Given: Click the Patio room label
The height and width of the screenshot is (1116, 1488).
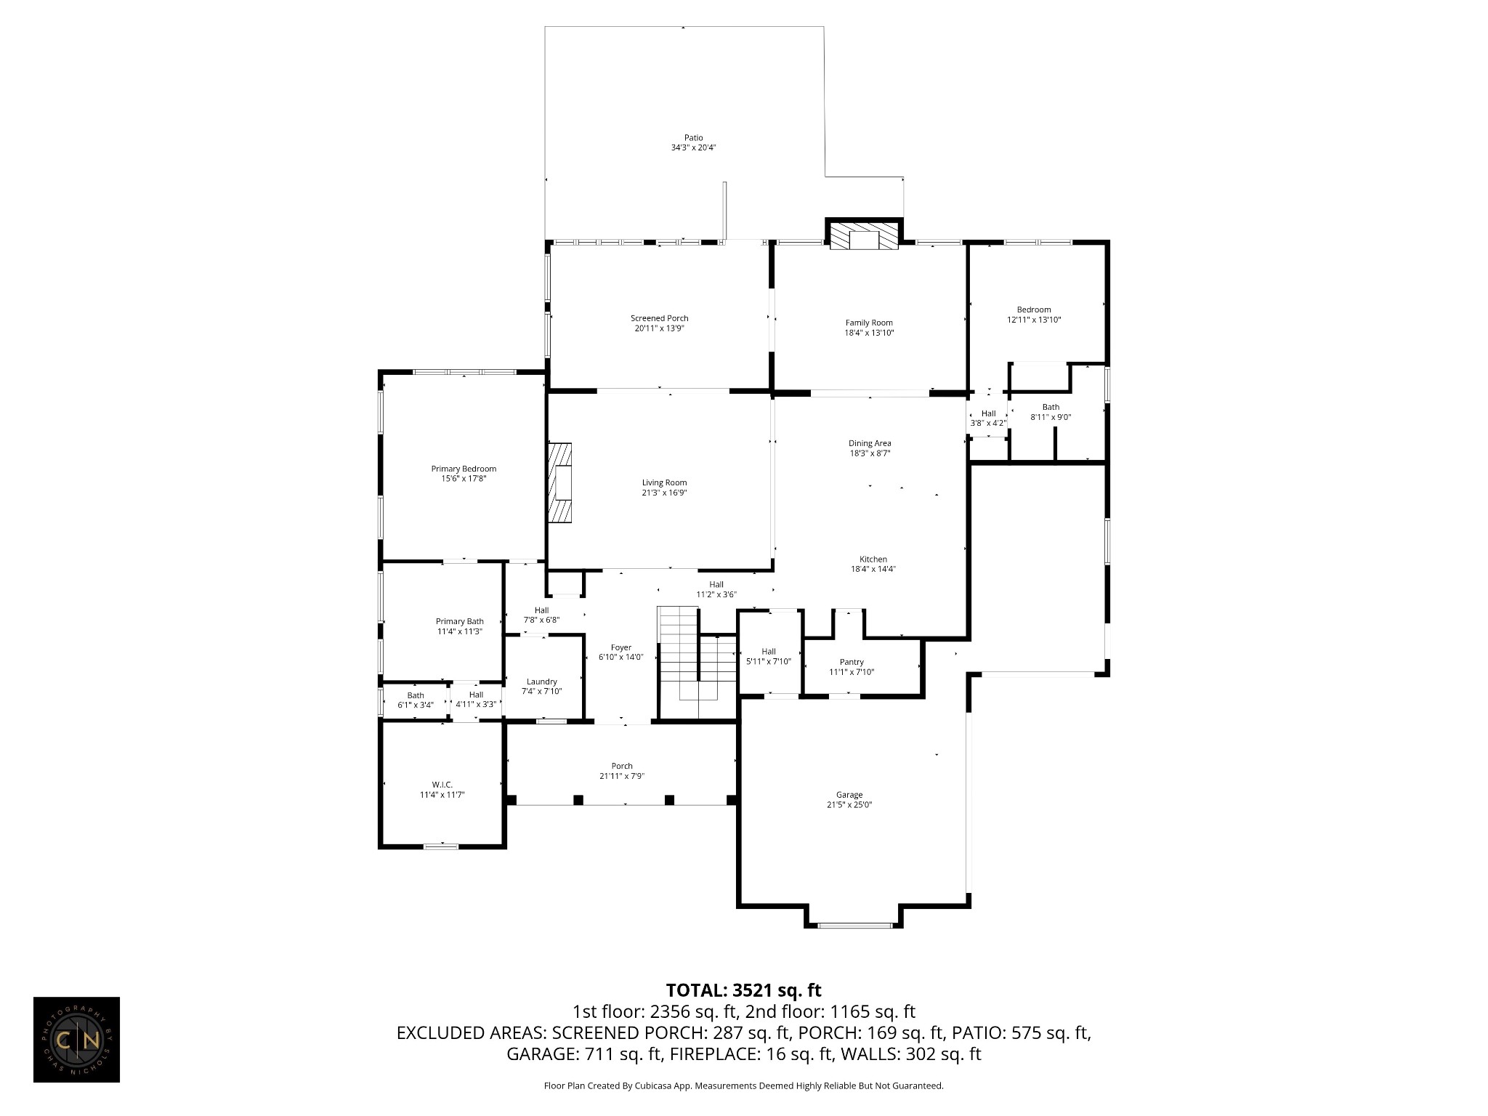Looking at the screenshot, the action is (x=694, y=137).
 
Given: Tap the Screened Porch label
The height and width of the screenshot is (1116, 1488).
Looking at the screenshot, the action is (x=659, y=318).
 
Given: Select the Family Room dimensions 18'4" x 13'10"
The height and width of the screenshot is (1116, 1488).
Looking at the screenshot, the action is (x=869, y=333).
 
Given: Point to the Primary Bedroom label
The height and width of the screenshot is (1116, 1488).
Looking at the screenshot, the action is (x=464, y=469).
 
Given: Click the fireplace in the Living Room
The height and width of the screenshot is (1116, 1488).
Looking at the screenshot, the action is (x=560, y=482).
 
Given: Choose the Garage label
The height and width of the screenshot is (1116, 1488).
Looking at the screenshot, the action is (x=849, y=795).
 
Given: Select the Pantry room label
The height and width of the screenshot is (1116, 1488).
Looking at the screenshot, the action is (x=852, y=662).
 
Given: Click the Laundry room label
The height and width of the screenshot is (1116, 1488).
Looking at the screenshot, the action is (x=541, y=682).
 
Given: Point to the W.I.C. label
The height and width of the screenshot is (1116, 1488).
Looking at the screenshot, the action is (x=442, y=785).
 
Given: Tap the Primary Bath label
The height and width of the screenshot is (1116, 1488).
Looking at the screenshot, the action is (x=459, y=621).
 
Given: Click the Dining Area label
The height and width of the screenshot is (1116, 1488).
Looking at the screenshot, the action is (x=870, y=443).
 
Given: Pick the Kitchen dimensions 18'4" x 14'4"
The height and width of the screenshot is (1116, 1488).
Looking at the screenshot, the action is (x=873, y=569).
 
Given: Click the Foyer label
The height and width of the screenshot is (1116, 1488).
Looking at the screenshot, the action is (x=620, y=647).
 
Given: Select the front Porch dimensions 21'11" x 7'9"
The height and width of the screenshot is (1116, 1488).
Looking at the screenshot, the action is (x=622, y=776).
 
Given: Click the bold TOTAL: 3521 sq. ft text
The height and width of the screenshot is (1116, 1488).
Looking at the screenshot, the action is (x=743, y=990).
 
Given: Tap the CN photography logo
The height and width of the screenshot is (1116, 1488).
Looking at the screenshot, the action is (x=76, y=1040).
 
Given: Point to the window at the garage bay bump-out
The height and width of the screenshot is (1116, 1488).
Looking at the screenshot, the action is (x=854, y=925).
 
